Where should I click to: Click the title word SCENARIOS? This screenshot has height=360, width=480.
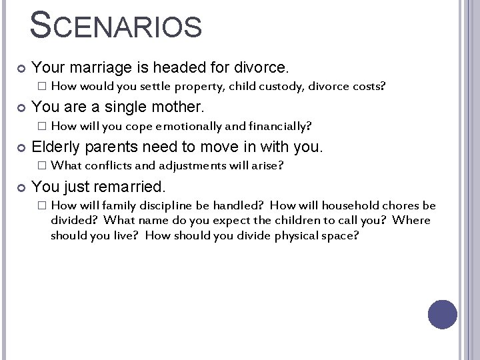pos(116,25)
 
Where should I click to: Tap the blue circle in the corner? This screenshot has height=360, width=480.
pos(442,314)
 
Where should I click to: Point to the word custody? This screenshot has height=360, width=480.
pos(278,86)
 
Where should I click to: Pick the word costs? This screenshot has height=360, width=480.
pos(367,86)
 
